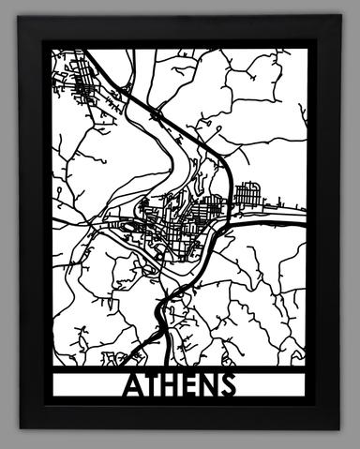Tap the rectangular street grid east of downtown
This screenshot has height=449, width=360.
247,194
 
